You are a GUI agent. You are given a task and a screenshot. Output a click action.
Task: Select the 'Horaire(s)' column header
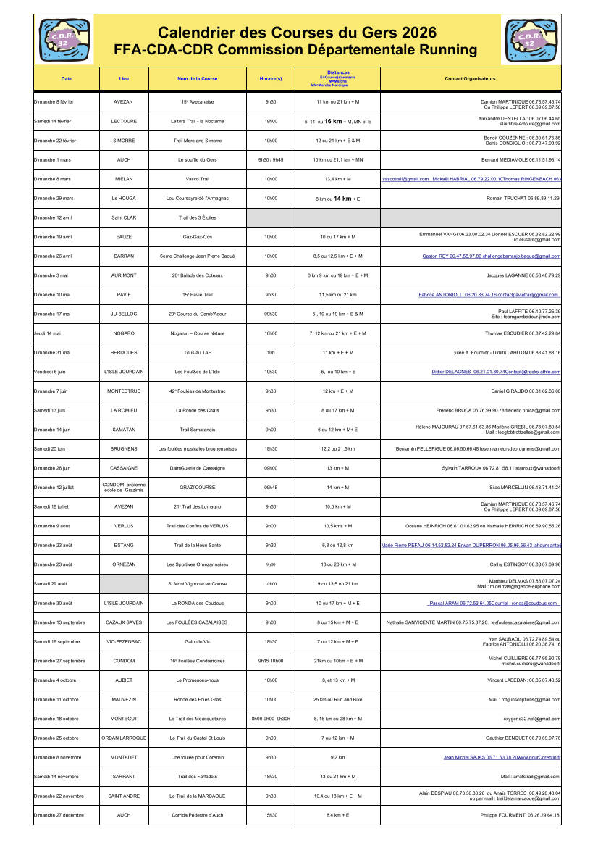point(270,78)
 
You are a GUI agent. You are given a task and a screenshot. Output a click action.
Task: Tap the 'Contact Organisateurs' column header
point(470,78)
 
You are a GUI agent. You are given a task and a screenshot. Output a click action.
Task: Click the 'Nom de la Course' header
point(197,78)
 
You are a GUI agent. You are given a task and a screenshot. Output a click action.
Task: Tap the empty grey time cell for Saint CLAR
point(270,217)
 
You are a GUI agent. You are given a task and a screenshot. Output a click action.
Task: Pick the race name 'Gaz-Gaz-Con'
point(197,237)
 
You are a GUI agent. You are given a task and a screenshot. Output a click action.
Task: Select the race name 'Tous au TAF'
point(197,353)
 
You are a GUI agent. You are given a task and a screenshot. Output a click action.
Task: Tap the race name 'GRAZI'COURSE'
point(197,488)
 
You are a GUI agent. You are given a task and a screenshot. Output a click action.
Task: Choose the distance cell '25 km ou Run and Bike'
point(337,700)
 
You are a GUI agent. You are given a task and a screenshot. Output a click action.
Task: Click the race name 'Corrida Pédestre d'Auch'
point(197,815)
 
